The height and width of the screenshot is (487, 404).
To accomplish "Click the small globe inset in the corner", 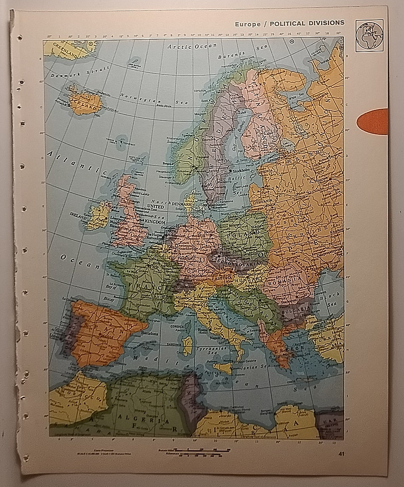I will tap(369, 36).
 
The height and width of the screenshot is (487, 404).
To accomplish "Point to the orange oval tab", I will tap(372, 121).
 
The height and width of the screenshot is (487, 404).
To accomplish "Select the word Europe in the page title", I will tap(247, 24).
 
